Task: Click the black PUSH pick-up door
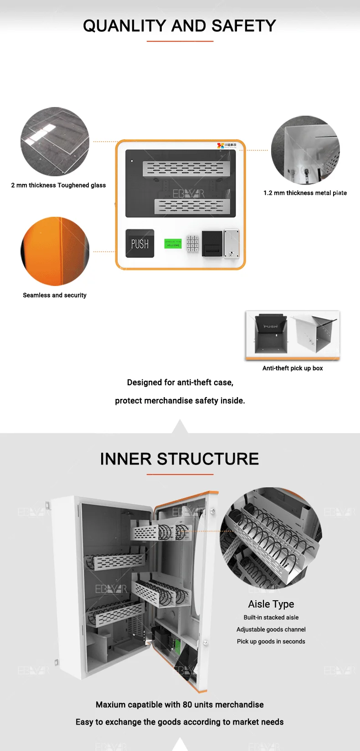coord(140,244)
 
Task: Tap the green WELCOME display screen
coord(173,244)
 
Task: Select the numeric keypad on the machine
coord(192,244)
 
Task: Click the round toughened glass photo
coord(55,141)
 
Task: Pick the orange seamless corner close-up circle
coord(55,251)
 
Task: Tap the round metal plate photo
coord(305,150)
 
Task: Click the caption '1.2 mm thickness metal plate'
coord(305,193)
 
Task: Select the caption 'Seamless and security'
coord(55,295)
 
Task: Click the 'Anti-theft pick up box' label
coord(293,368)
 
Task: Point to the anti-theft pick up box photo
coord(293,334)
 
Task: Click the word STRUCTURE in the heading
coord(208,459)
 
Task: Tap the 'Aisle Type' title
coord(271,604)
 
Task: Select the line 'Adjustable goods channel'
coord(271,629)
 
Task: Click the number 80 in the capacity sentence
coord(187,705)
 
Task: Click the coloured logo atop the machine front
coord(226,145)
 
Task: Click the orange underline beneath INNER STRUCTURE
coord(180,475)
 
